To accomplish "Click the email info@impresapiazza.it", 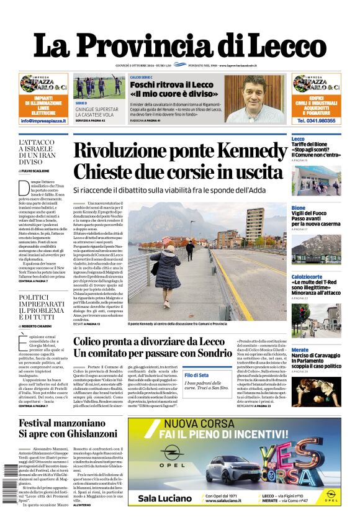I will click(43, 120).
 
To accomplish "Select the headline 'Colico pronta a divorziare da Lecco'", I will click(149, 342).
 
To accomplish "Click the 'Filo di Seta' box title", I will click(196, 376).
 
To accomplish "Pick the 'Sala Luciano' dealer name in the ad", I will click(164, 498).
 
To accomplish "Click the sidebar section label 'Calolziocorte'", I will click(307, 276).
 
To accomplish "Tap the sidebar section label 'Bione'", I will click(299, 208).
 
